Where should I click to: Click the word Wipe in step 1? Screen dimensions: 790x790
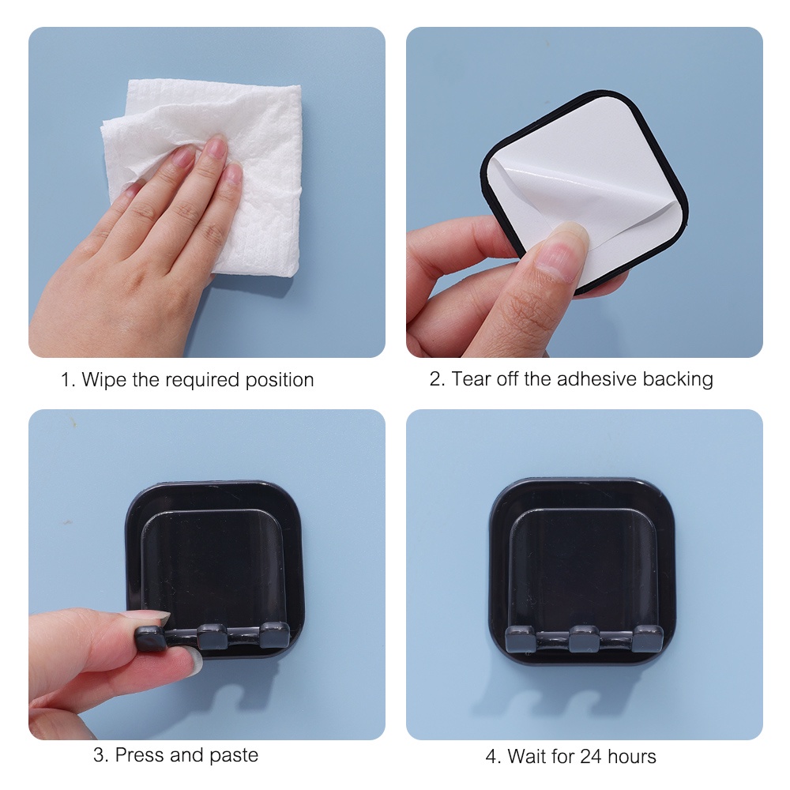[104, 380]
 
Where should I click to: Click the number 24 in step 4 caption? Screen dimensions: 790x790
[591, 756]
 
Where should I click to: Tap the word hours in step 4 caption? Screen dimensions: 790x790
[632, 756]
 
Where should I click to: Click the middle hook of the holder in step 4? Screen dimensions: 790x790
[585, 639]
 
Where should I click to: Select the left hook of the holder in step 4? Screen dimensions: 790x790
[520, 639]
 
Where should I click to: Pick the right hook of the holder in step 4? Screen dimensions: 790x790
[648, 638]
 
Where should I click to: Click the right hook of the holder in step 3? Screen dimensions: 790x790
[275, 636]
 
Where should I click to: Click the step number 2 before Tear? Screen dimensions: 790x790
[435, 379]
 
